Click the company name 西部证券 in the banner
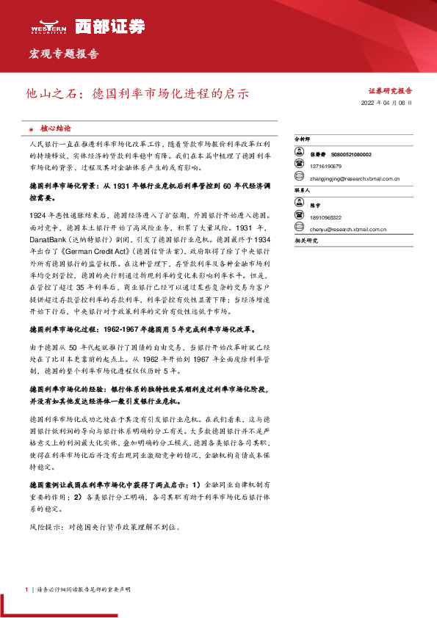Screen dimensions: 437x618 point(103,26)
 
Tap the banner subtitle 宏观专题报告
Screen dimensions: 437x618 point(63,54)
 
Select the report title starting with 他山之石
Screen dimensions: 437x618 point(137,94)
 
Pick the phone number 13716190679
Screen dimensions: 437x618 point(326,167)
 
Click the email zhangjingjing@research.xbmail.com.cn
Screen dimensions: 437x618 point(355,178)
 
